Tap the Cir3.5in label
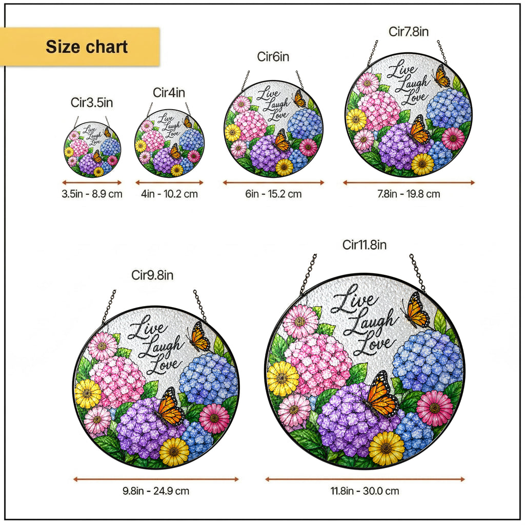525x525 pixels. coord(92,103)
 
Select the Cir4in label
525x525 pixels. coord(169,92)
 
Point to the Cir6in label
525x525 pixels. coord(273,56)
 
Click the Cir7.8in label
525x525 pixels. coord(409,31)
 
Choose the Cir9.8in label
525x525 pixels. coord(152,275)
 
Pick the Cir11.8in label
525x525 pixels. coord(365,245)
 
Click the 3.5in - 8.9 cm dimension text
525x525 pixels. coord(92,194)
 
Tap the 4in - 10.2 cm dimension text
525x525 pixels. coord(169,194)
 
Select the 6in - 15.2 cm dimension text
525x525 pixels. coord(274,194)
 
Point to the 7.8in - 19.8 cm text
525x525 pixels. coord(409,194)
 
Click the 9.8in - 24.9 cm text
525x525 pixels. coord(156,491)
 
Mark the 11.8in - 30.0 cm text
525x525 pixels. coord(365,491)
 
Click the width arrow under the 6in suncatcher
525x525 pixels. coord(274,183)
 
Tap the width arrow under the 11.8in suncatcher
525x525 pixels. coord(365,479)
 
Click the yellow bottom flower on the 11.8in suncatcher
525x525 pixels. coord(387,448)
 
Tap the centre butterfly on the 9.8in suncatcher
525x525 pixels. coord(170,406)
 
